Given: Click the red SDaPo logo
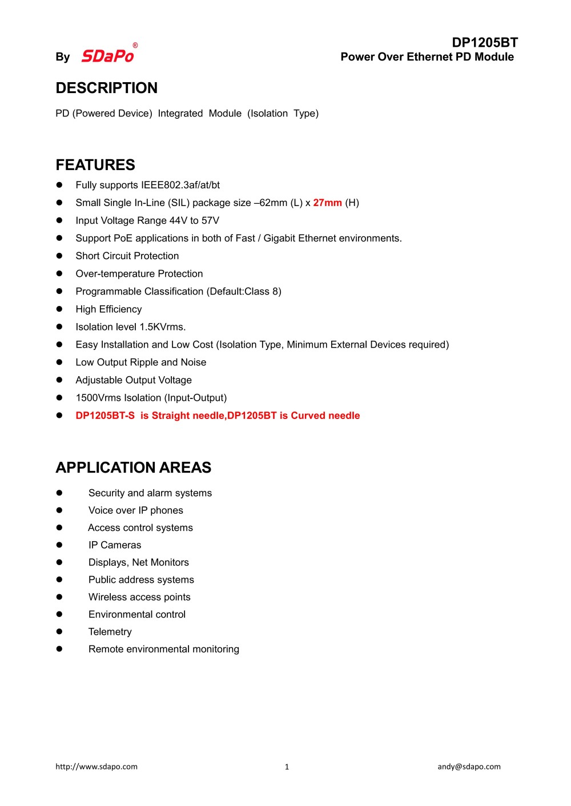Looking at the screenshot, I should point(108,55).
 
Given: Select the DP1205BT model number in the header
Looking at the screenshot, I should point(485,43).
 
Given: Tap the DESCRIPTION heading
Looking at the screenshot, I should point(107,88).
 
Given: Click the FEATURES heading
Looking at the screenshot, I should point(95,165).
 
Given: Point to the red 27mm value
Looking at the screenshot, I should point(327,203).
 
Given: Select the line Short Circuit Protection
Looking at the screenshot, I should point(127,256).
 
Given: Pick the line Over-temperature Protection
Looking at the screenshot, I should point(139,273).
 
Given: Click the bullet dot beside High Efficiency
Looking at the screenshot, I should point(59,309).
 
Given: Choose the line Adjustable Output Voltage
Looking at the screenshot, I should point(134,380).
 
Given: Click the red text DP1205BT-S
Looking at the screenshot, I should point(105,416).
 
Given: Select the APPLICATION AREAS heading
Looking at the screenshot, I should point(134,468).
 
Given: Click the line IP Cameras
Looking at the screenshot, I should point(115,545).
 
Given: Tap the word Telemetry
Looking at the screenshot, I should point(110,631).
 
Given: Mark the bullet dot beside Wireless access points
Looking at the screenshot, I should point(59,597).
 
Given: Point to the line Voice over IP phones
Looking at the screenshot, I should point(136,510).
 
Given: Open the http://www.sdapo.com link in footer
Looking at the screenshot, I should point(96,767).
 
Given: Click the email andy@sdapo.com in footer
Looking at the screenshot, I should point(469,767).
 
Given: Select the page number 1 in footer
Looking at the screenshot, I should point(287,767).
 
